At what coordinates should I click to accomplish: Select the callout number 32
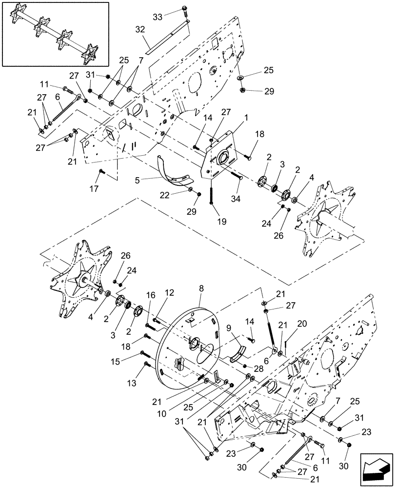[x=140, y=30]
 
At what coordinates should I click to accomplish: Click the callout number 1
[x=233, y=118]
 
